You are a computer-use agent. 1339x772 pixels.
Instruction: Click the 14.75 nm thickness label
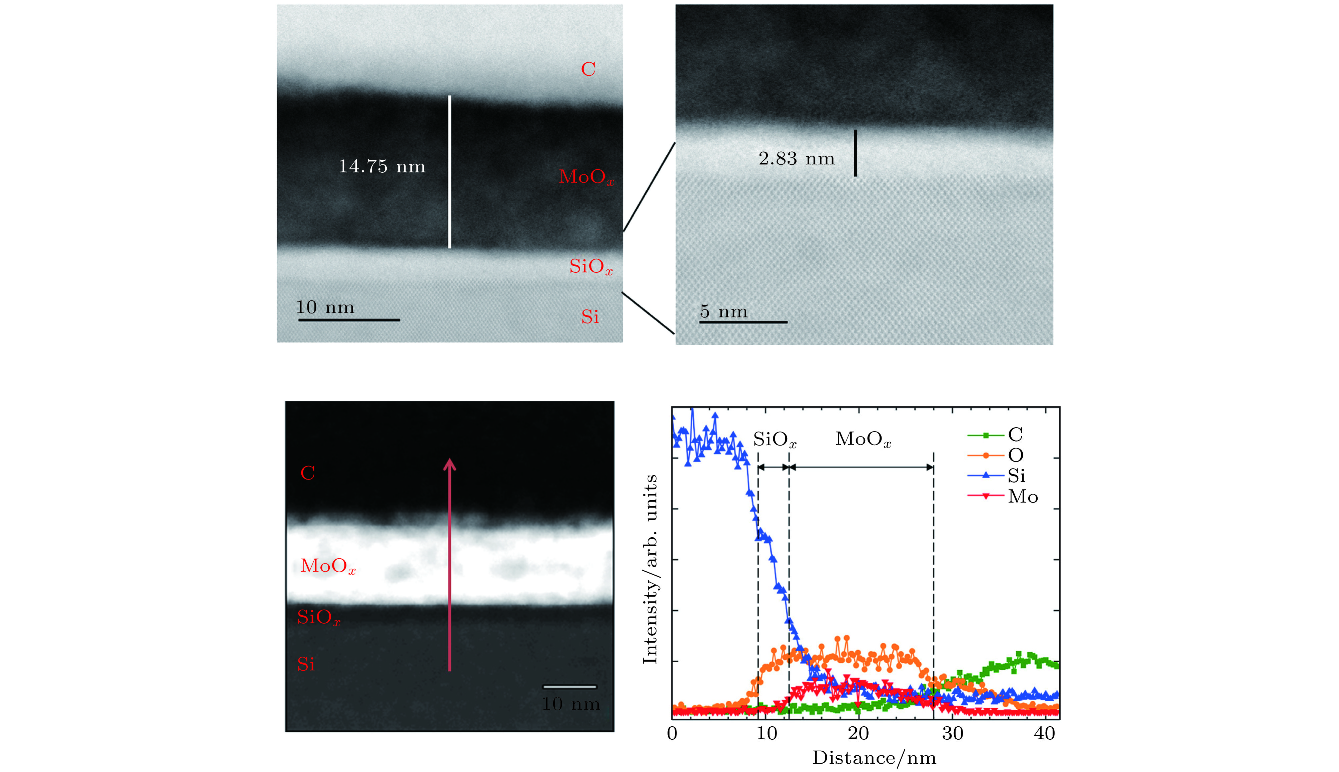pos(382,166)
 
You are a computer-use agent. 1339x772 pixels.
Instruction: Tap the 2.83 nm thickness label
pos(796,158)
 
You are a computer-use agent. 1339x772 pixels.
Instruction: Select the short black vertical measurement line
pos(855,153)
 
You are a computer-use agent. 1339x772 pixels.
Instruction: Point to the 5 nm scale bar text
pos(724,311)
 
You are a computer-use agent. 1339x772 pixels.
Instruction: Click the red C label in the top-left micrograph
pos(588,69)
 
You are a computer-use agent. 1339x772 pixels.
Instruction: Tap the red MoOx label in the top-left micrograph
pos(586,177)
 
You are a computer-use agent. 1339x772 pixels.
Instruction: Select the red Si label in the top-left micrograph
pos(590,317)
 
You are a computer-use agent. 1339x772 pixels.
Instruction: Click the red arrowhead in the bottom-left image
pos(449,465)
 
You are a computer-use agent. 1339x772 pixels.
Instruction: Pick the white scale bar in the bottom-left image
pos(570,687)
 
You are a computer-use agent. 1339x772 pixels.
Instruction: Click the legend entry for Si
pos(997,476)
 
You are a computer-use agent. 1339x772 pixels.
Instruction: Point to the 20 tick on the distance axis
pos(858,733)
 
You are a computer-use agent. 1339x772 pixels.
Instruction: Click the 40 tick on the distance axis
pos(1044,733)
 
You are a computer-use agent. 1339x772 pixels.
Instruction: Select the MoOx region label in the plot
pos(863,440)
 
